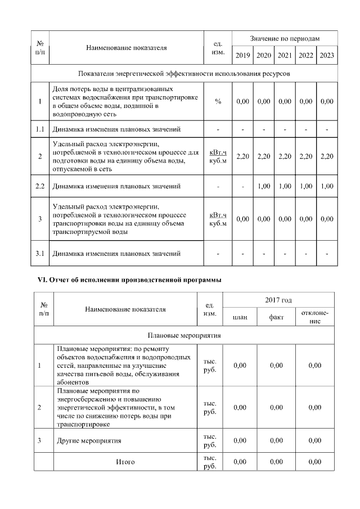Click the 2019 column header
tap(243, 55)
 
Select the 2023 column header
tap(326, 55)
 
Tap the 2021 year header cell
tap(285, 55)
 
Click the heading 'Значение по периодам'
tap(285, 38)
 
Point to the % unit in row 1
tap(218, 102)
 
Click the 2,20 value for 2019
tap(243, 156)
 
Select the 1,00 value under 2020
tap(264, 185)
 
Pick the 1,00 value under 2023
tap(326, 185)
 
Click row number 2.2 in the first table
tap(40, 185)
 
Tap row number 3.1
tap(40, 254)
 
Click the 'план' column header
tap(240, 317)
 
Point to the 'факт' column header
tap(276, 317)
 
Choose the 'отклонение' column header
tap(315, 317)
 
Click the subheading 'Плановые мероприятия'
tap(184, 335)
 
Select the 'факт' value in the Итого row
tap(276, 462)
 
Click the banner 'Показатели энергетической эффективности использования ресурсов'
tap(184, 74)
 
